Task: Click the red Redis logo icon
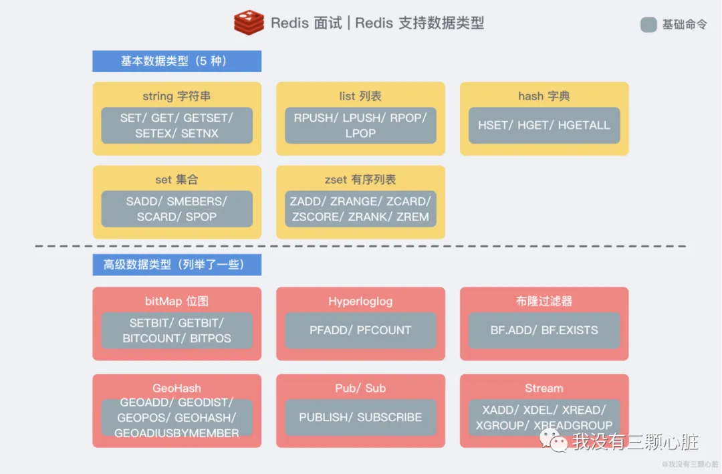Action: [249, 23]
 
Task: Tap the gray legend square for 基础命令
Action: [648, 25]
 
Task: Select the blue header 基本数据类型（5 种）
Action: [176, 62]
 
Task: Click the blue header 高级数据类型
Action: [176, 265]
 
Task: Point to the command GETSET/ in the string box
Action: [209, 118]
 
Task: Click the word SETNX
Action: [200, 133]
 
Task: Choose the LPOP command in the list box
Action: [360, 133]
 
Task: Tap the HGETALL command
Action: [584, 125]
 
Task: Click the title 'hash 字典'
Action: [544, 96]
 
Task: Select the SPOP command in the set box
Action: [200, 217]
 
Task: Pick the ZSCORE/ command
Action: [317, 217]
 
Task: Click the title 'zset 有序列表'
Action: [360, 180]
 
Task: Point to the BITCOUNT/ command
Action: [153, 338]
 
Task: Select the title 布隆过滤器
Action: [544, 302]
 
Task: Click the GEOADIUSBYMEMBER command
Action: [176, 433]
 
